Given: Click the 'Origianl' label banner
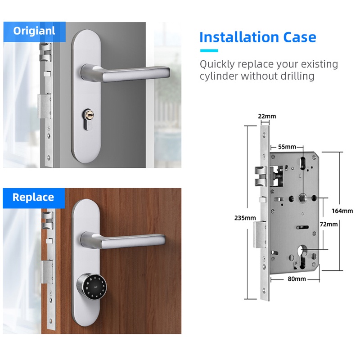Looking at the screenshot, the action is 35,32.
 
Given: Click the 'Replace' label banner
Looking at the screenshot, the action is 34,198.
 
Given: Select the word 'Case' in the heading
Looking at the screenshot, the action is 300,37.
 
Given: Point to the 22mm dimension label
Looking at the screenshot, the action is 267,116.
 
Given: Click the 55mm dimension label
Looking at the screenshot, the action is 287,147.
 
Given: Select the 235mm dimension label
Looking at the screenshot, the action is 245,218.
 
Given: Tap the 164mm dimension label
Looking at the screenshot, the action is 342,211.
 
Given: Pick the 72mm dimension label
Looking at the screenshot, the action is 329,224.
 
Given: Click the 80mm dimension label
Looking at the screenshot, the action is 297,279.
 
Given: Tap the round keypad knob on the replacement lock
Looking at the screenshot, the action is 92,287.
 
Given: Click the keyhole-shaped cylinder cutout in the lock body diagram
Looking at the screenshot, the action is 302,257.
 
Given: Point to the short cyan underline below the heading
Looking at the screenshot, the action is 209,51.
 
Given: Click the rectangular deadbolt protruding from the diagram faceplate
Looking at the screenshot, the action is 260,234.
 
